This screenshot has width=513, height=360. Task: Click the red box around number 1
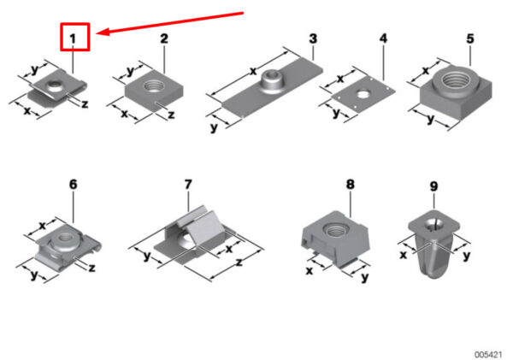(x=75, y=24)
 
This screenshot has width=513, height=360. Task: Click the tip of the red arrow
(x=97, y=32)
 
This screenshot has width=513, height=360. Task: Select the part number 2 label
(x=164, y=38)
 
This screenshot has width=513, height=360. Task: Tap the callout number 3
(x=313, y=38)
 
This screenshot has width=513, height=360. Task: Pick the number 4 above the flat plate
(x=383, y=38)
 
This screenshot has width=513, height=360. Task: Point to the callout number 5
(x=469, y=38)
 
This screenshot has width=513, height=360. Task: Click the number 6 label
(x=73, y=184)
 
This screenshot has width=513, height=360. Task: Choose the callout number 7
(x=188, y=184)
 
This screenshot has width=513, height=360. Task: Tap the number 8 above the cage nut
(x=350, y=184)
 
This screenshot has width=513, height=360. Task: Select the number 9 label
(x=433, y=186)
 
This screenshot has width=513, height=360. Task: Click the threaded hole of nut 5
(x=457, y=80)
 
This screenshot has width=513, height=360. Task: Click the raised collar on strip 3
(x=272, y=80)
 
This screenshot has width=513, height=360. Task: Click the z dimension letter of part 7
(x=239, y=263)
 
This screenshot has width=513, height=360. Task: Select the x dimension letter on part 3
(x=253, y=71)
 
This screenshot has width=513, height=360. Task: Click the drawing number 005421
(x=488, y=354)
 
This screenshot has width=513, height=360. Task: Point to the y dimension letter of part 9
(x=467, y=256)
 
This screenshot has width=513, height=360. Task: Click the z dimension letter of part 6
(x=92, y=268)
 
